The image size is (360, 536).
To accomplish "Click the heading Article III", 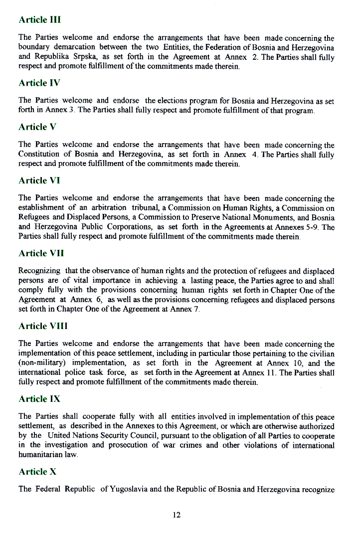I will pos(39,20).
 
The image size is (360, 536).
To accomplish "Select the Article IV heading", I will pos(39,82).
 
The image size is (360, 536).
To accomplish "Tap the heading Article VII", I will pos(41,253).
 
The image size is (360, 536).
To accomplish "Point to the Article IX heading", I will pos(39,399).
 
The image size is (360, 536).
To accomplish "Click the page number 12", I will pos(177,515).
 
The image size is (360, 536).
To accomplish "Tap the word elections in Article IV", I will pos(179,101).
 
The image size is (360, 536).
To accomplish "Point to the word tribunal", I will pos(144,208).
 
